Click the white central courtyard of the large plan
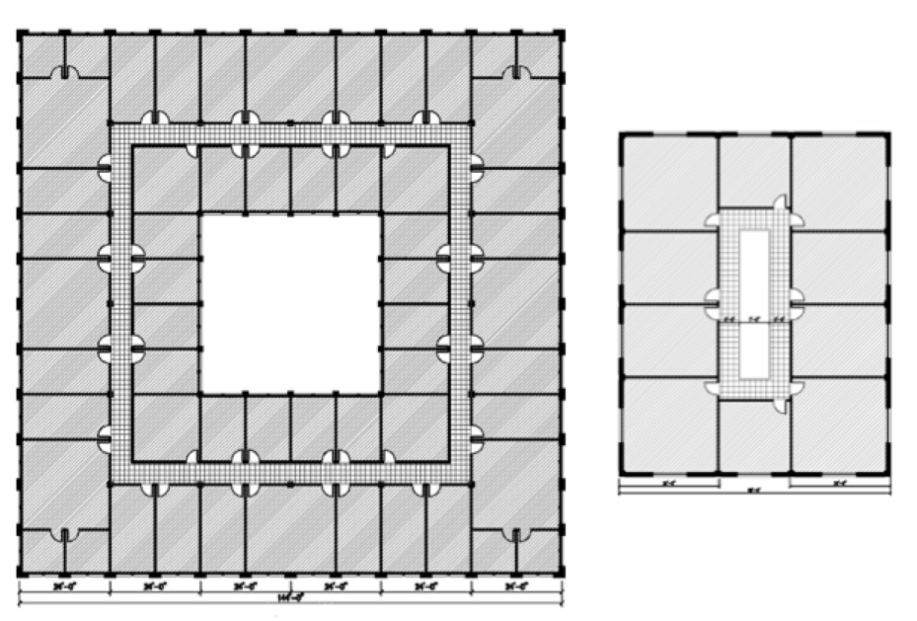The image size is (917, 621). click(x=291, y=302)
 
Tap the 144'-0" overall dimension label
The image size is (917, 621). click(x=291, y=598)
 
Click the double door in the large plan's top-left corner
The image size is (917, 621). click(x=65, y=73)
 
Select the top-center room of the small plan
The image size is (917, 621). click(x=754, y=171)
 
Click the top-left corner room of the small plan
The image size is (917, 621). click(x=669, y=183)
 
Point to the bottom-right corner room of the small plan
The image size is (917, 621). click(x=838, y=425)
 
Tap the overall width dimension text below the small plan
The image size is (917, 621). click(x=754, y=491)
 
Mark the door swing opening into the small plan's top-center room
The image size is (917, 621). click(x=779, y=202)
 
